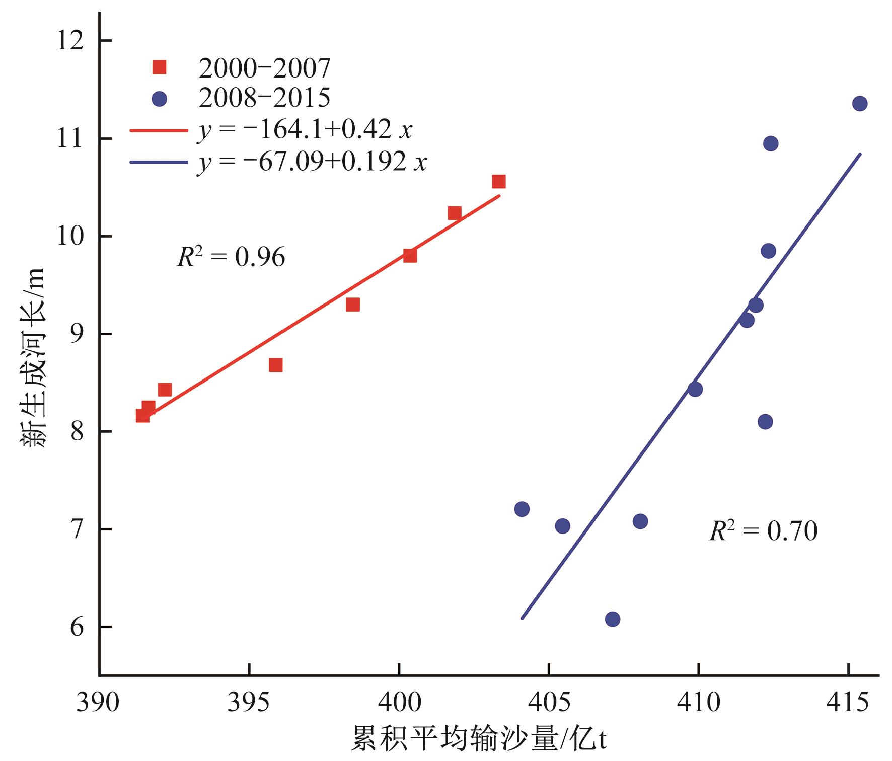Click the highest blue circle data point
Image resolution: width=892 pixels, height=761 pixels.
pyautogui.click(x=859, y=104)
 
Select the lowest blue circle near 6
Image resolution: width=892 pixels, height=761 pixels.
pyautogui.click(x=612, y=619)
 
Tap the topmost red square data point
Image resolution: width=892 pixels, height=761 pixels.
pyautogui.click(x=498, y=182)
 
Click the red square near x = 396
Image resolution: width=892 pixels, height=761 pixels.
pyautogui.click(x=275, y=365)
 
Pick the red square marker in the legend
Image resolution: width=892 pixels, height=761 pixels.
pyautogui.click(x=160, y=67)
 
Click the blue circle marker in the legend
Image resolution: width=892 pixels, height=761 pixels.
pyautogui.click(x=160, y=99)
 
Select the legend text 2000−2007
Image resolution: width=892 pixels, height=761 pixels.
pyautogui.click(x=264, y=68)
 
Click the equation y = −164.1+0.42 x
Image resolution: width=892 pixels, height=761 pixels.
pyautogui.click(x=305, y=130)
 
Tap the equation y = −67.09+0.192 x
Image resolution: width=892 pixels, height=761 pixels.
pyautogui.click(x=312, y=162)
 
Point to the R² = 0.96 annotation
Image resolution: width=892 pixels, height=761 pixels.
pyautogui.click(x=231, y=257)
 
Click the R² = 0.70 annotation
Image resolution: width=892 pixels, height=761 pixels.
pyautogui.click(x=763, y=531)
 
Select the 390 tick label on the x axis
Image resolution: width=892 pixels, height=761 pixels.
pyautogui.click(x=98, y=702)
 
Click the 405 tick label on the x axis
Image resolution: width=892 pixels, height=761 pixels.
pyautogui.click(x=549, y=702)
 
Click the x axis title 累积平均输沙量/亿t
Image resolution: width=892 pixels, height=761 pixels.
pyautogui.click(x=478, y=739)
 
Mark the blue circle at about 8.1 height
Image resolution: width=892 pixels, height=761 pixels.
pyautogui.click(x=765, y=422)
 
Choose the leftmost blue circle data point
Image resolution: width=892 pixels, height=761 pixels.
pyautogui.click(x=522, y=509)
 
